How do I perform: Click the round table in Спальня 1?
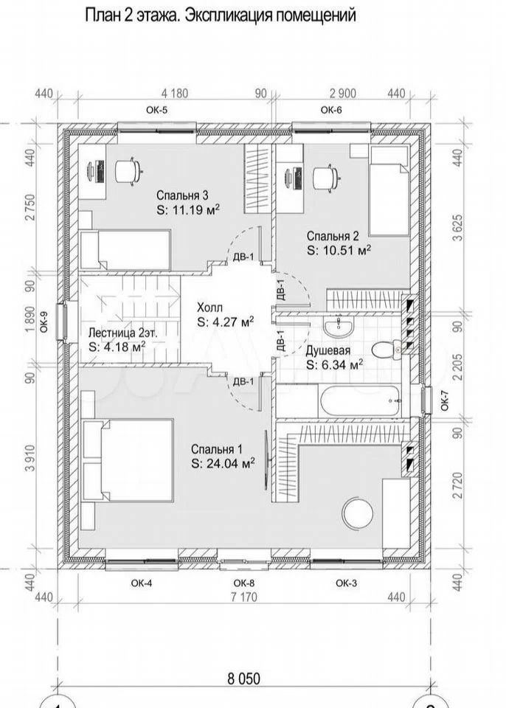pyautogui.click(x=358, y=513)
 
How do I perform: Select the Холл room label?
pyautogui.click(x=209, y=308)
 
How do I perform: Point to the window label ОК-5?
pyautogui.click(x=156, y=110)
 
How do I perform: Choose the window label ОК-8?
pyautogui.click(x=244, y=583)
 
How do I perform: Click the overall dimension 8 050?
pyautogui.click(x=244, y=678)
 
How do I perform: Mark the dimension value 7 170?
pyautogui.click(x=244, y=597)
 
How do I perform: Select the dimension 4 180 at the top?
pyautogui.click(x=174, y=94)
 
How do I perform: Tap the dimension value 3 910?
pyautogui.click(x=30, y=457)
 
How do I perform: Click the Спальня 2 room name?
pyautogui.click(x=333, y=236)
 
